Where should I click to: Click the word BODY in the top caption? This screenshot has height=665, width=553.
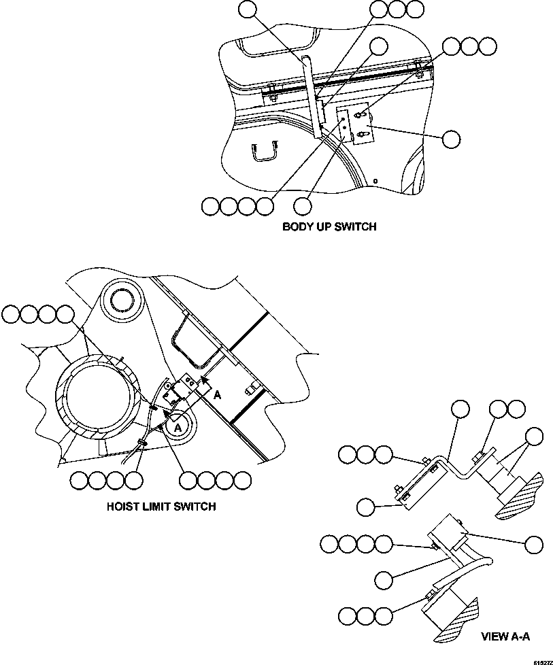[x=297, y=227]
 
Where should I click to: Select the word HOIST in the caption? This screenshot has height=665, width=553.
[x=122, y=507]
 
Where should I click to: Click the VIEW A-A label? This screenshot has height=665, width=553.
[x=505, y=637]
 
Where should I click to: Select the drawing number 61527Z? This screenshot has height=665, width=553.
[x=542, y=660]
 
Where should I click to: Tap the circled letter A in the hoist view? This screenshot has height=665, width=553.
[x=178, y=426]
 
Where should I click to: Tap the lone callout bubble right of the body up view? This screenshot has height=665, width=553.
[x=450, y=139]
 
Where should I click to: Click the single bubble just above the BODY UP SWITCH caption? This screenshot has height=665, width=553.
[x=303, y=205]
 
